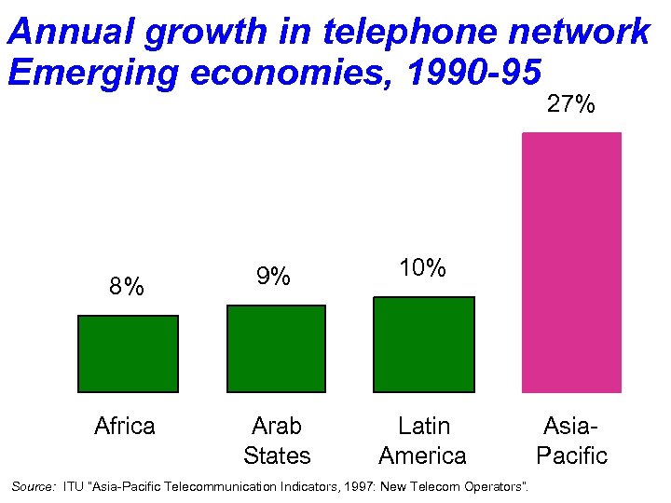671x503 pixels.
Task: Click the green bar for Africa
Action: click(x=128, y=353)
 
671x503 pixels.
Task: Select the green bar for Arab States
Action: click(x=276, y=348)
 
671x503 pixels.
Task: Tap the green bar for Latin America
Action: click(x=423, y=344)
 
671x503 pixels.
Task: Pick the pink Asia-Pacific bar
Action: click(x=571, y=262)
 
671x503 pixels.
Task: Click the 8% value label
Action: click(x=126, y=286)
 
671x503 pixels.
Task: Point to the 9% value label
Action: click(x=274, y=277)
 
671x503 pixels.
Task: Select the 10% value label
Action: click(x=422, y=268)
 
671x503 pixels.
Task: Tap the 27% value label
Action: click(x=570, y=104)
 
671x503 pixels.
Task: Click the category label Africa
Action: click(x=125, y=427)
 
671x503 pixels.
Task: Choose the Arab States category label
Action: click(x=277, y=441)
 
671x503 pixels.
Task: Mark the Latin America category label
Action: click(x=423, y=441)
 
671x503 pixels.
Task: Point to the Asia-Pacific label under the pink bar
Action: click(x=571, y=441)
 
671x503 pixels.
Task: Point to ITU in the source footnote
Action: click(x=73, y=486)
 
